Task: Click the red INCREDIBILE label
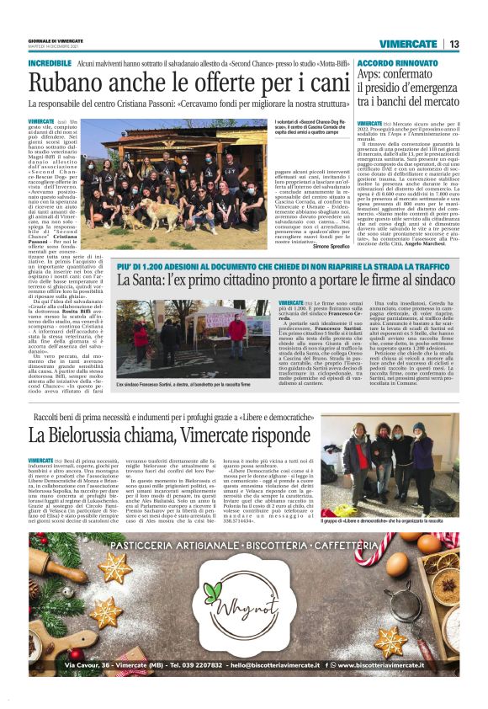pos(50,64)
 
